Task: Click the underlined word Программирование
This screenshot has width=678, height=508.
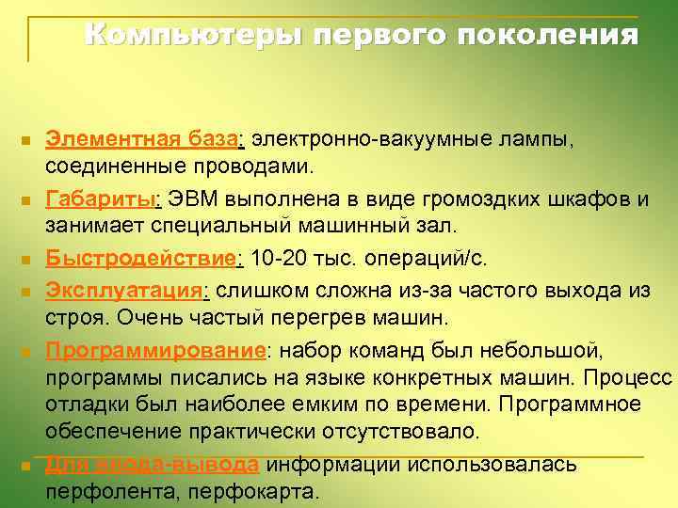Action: [156, 350]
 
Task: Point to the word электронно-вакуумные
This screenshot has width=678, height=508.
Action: [359, 140]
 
